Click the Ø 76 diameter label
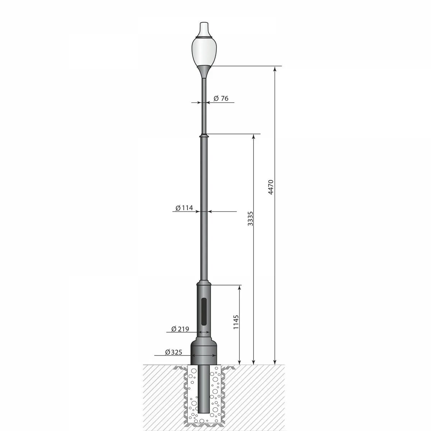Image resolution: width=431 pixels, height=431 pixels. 221,98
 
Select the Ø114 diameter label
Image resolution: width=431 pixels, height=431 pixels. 185,208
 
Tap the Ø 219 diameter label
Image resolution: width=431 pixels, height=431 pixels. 180,329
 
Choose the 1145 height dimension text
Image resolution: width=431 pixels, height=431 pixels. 236,322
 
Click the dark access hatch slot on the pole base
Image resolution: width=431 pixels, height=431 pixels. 204,310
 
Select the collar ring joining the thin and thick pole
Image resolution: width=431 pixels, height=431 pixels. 204,136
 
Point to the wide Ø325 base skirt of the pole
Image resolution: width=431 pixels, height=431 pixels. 204,352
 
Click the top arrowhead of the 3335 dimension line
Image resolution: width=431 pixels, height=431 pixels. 254,137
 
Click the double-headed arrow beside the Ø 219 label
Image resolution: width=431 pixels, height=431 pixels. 204,333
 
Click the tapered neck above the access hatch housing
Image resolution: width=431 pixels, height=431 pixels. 204,282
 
